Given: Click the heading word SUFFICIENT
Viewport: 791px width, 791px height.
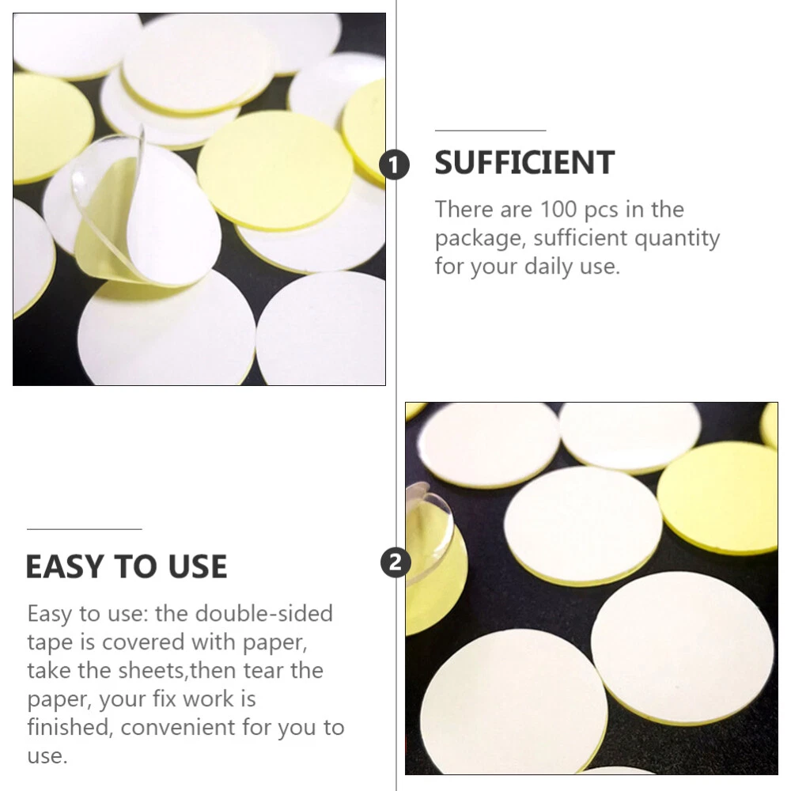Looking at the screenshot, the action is [x=524, y=162].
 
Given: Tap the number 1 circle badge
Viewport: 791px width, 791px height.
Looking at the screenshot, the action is [x=395, y=165].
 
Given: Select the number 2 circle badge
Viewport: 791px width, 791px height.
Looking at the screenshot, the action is [x=395, y=562].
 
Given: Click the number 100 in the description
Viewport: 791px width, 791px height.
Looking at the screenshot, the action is [x=558, y=210].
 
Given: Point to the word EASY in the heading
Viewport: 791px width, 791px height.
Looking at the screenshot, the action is [x=65, y=566].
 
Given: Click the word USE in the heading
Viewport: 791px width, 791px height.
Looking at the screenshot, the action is [x=198, y=566].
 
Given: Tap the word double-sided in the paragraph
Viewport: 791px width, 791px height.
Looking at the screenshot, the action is [x=264, y=614].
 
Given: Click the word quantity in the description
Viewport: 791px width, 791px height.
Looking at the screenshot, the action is [x=677, y=239].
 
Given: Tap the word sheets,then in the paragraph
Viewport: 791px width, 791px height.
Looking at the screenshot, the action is [x=172, y=671].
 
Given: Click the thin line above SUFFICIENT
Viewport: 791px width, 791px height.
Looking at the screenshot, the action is [x=490, y=131].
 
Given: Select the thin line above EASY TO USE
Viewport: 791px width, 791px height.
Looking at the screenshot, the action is [x=85, y=529].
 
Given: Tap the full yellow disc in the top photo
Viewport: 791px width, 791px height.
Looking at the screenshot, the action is [x=275, y=171].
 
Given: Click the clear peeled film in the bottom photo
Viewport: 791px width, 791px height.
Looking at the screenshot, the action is [x=428, y=535].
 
